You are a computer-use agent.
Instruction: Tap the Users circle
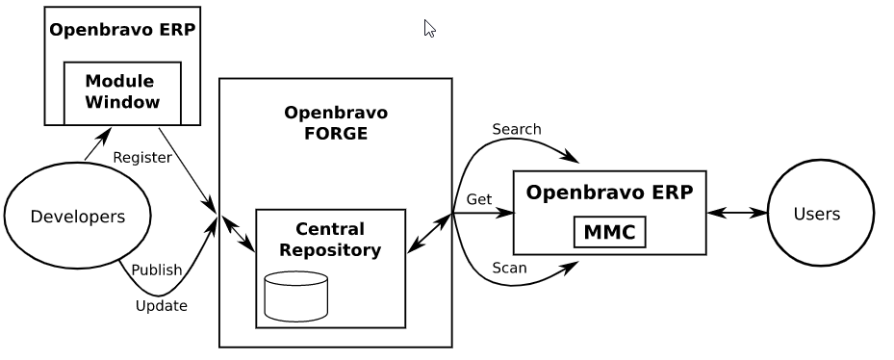tap(820, 214)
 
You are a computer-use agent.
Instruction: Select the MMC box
tap(609, 232)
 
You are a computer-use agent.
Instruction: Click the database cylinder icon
tap(295, 296)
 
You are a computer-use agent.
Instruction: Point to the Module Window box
tap(122, 91)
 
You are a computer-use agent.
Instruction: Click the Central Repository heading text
tap(330, 240)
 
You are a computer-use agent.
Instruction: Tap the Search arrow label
tap(516, 129)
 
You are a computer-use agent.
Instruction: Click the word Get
tap(479, 199)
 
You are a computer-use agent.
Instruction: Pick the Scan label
tap(509, 268)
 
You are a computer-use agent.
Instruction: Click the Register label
tap(142, 157)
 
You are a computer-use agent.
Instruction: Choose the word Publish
tap(156, 270)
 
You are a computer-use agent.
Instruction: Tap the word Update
tap(161, 306)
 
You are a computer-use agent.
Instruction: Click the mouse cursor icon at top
tap(429, 28)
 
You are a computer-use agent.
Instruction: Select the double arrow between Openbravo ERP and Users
tap(737, 214)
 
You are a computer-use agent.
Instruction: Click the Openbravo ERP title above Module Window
tap(122, 29)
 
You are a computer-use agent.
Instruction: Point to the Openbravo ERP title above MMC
tap(609, 192)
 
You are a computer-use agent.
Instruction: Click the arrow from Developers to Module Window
tap(97, 147)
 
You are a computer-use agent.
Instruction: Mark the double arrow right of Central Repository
tap(429, 233)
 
